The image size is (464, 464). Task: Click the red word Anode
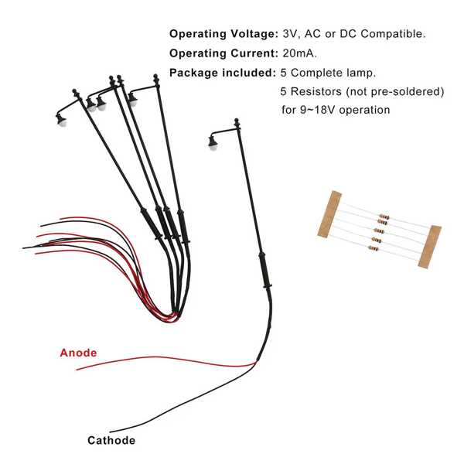pyautogui.click(x=78, y=353)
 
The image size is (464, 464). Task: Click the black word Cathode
pyautogui.click(x=111, y=440)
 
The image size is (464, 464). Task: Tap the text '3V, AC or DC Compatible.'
pyautogui.click(x=354, y=34)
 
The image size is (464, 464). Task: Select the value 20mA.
pyautogui.click(x=299, y=53)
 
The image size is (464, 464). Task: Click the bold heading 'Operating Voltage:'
pyautogui.click(x=223, y=34)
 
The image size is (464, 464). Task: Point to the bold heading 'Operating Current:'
pyautogui.click(x=223, y=53)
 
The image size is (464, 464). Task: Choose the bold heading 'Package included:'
pyautogui.click(x=223, y=73)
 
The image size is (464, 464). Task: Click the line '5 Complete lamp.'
pyautogui.click(x=328, y=73)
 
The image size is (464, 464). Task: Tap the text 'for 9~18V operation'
pyautogui.click(x=336, y=110)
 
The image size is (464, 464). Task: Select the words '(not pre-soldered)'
pyautogui.click(x=395, y=92)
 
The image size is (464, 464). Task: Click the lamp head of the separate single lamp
pyautogui.click(x=213, y=142)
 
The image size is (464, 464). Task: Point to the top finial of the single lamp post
pyautogui.click(x=237, y=122)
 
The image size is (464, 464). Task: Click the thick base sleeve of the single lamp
pyautogui.click(x=264, y=270)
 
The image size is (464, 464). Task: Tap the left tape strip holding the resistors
pyautogui.click(x=329, y=214)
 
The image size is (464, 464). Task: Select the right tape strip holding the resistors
pyautogui.click(x=430, y=247)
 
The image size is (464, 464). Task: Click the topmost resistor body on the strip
pyautogui.click(x=384, y=217)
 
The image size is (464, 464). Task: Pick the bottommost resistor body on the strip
pyautogui.click(x=374, y=248)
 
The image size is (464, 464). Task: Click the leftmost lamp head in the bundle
pyautogui.click(x=61, y=119)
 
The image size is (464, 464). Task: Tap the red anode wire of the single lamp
pyautogui.click(x=165, y=360)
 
